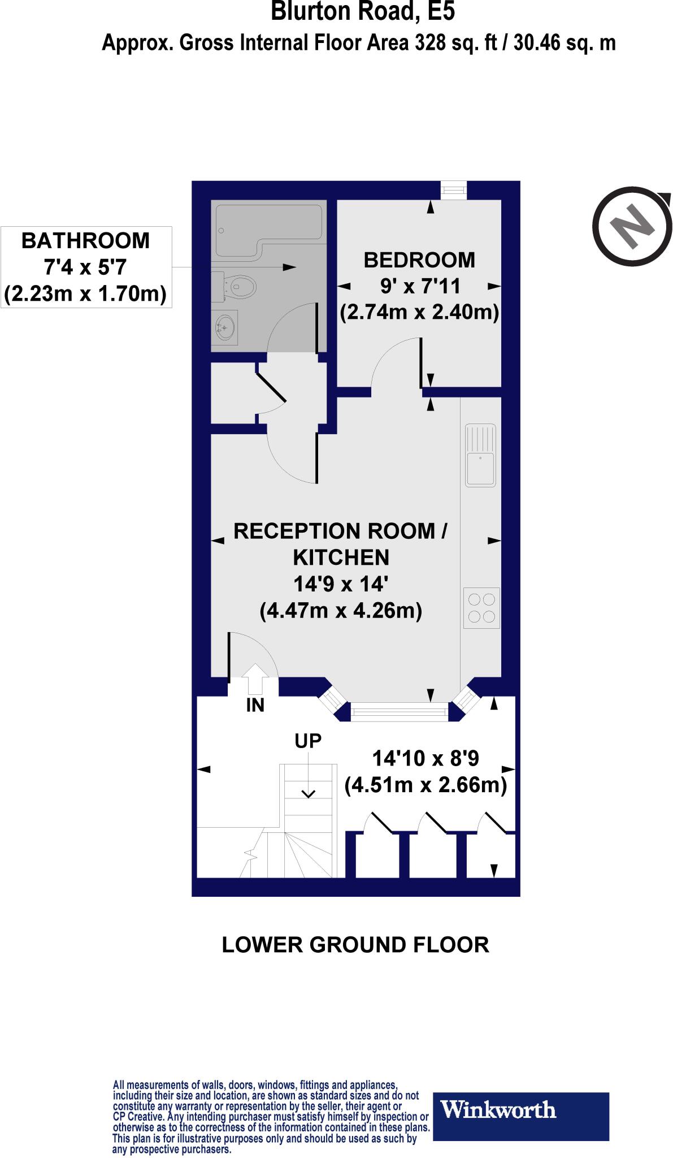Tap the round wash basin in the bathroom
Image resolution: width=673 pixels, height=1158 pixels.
coord(226,327)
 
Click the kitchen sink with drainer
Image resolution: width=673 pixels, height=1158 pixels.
coord(480,455)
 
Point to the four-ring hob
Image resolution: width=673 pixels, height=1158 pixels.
coord(481,608)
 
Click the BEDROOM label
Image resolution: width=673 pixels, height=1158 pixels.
coord(419,260)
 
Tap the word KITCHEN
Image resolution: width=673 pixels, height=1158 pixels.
coord(341,558)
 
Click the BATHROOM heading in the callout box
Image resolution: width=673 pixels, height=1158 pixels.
coord(85,241)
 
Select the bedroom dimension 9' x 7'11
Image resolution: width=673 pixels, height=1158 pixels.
coord(419,286)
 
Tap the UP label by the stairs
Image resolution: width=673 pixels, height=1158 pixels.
coord(308,740)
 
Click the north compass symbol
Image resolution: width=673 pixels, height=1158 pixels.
coord(633,226)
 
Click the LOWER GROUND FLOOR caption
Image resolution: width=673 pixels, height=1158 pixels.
coord(355,945)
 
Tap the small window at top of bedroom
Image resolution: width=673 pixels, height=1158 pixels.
coord(454,190)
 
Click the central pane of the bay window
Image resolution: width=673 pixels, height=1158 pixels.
coord(399,711)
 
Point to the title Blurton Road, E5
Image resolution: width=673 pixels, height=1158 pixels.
coord(362,11)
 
